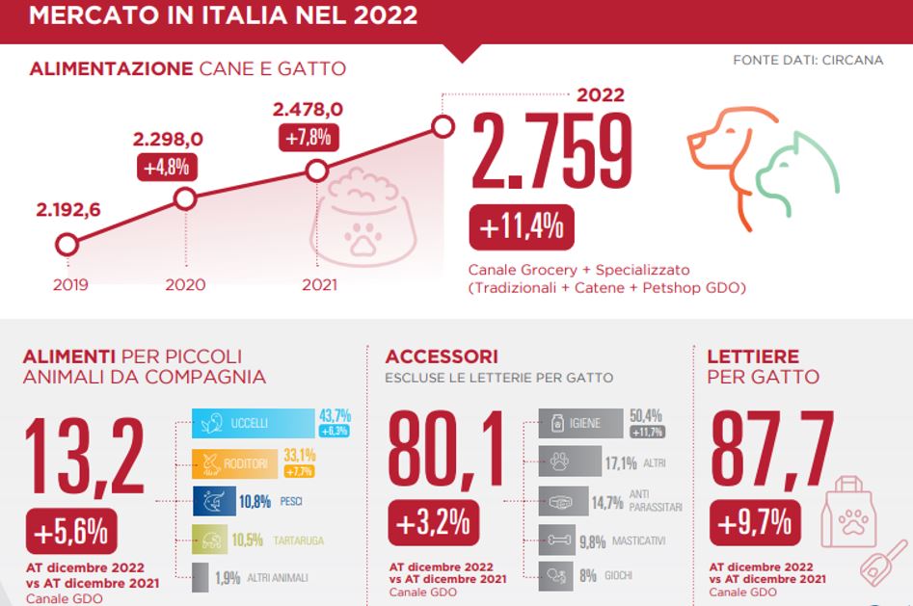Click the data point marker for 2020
pyautogui.click(x=185, y=199)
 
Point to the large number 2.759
pyautogui.click(x=551, y=154)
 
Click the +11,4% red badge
pyautogui.click(x=521, y=228)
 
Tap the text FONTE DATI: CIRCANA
pyautogui.click(x=808, y=60)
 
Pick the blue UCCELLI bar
pyautogui.click(x=253, y=423)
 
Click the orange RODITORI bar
pyautogui.click(x=236, y=463)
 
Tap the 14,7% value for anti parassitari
pyautogui.click(x=608, y=502)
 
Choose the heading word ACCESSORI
pyautogui.click(x=441, y=356)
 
